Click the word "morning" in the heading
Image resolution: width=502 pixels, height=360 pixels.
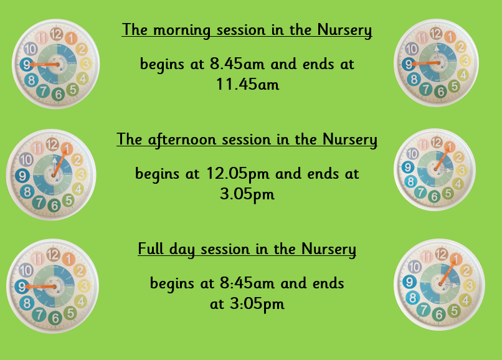(x=181, y=31)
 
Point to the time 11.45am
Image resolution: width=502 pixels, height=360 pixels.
(x=247, y=84)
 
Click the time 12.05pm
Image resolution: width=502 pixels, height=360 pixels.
(x=238, y=174)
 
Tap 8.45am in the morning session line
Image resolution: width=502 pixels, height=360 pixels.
(x=237, y=64)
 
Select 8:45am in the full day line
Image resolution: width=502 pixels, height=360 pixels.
(x=247, y=283)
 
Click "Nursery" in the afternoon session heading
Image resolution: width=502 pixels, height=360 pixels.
(x=350, y=140)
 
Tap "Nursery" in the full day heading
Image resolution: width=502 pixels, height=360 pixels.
(x=328, y=249)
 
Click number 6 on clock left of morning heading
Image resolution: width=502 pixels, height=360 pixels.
(x=59, y=95)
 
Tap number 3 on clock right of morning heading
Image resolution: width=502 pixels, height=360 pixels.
(x=465, y=60)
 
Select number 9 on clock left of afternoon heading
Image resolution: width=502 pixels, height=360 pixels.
(x=22, y=176)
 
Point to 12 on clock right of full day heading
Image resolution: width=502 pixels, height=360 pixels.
(x=442, y=254)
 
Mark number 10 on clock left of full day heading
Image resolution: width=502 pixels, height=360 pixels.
(x=26, y=270)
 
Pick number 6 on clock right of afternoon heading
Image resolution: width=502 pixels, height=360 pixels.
(x=435, y=196)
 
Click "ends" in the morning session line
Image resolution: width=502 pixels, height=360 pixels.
(x=318, y=64)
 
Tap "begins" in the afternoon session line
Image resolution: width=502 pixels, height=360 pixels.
(x=157, y=174)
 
